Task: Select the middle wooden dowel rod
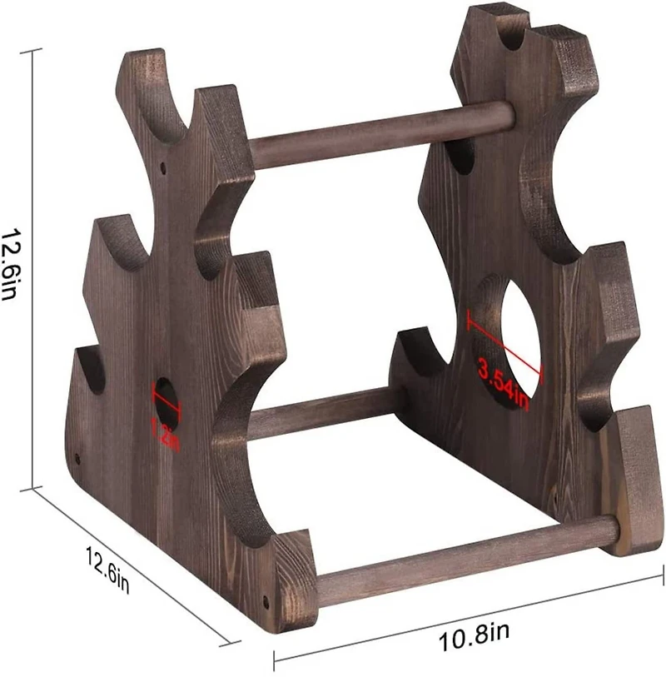point(325,412)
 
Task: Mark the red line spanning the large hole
point(504,343)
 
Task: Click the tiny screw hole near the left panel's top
point(163,167)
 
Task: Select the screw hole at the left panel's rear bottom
point(77,458)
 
